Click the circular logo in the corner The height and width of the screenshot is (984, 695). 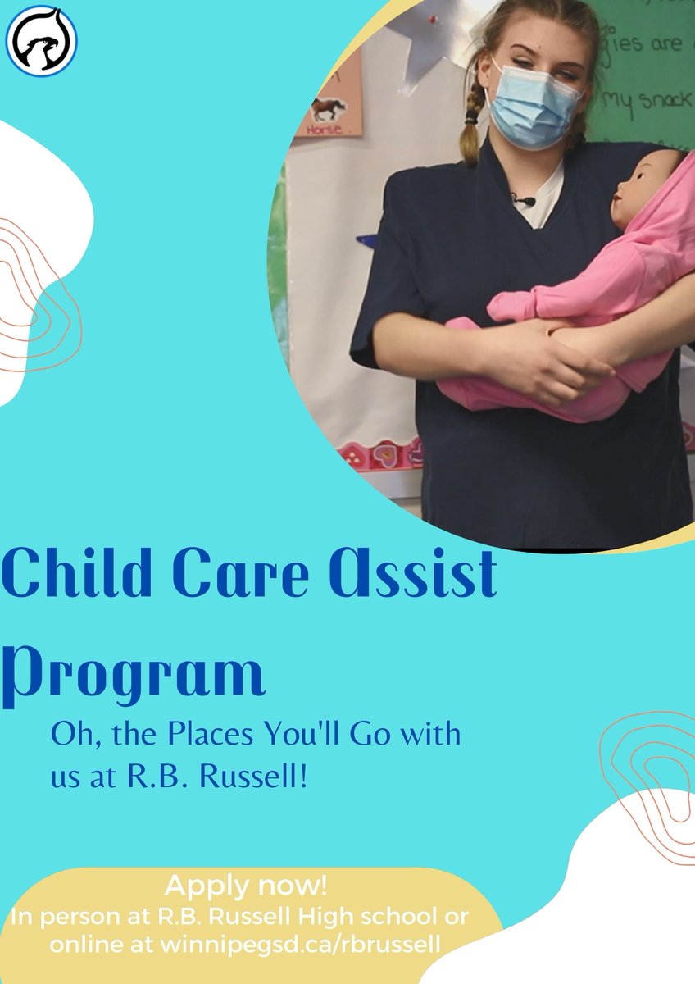pos(41,42)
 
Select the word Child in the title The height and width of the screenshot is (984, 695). pos(89,576)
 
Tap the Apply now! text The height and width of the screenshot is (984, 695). pos(246,886)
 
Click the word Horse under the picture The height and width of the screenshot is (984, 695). pos(329,129)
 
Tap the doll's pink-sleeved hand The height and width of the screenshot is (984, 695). pos(512,308)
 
